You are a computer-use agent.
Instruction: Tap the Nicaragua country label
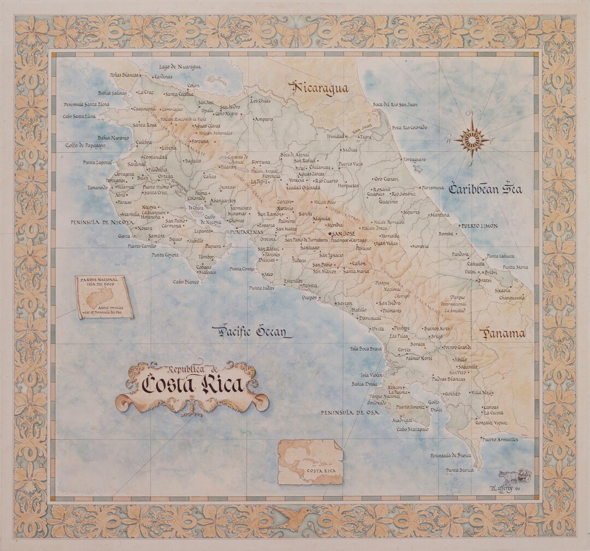pos(321,89)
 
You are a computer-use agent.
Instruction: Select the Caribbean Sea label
pos(485,189)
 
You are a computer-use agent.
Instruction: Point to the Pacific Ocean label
pos(252,331)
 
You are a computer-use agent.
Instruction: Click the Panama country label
pos(502,333)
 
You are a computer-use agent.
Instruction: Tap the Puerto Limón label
pos(479,225)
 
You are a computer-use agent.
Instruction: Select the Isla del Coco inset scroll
pos(104,297)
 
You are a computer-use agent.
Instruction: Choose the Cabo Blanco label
pos(186,282)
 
